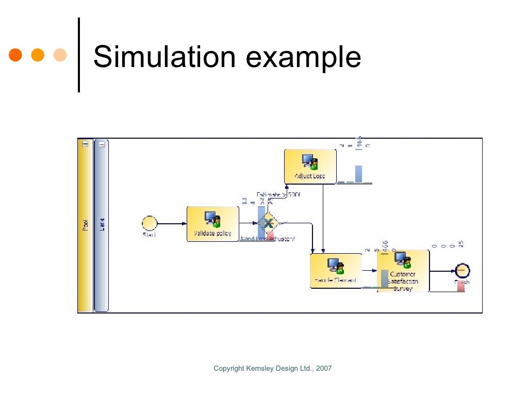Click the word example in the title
pos(303,58)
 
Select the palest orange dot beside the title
pos(60,55)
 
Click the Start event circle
pos(150,223)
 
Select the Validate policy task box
pos(212,224)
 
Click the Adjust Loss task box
pos(310,166)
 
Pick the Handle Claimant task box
pos(336,271)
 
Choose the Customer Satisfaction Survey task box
pos(403,271)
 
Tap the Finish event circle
pos(462,271)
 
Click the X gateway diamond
pos(268,223)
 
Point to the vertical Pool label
pos(85,225)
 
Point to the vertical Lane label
pos(102,225)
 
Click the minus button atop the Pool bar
pos(85,144)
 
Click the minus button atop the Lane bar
pos(102,144)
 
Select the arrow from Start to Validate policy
pos(172,224)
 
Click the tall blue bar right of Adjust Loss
pos(358,174)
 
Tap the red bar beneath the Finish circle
pos(461,286)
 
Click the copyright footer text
pos(273,368)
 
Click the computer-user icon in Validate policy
pos(212,219)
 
